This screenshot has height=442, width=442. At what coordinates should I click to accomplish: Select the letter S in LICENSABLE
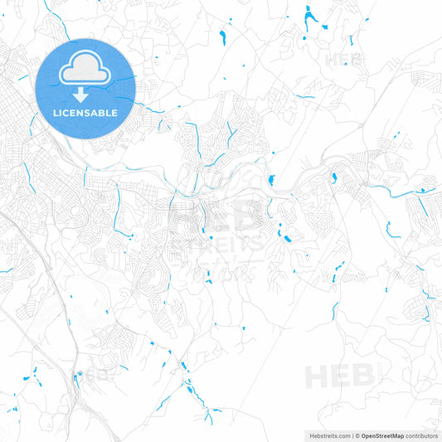(92, 112)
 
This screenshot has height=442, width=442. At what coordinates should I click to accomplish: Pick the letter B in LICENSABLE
(107, 112)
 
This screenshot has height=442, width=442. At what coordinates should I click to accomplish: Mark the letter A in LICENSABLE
(100, 112)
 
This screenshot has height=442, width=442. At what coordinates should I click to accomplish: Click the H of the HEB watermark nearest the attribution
(318, 377)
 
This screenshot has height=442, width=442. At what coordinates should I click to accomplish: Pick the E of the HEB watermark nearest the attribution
(340, 377)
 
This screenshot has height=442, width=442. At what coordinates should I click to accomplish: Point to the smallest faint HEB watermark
(343, 60)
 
